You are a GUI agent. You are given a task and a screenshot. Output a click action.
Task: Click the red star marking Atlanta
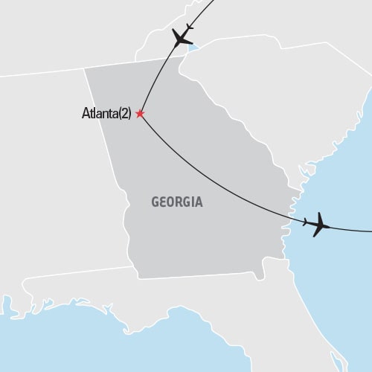[x=139, y=114]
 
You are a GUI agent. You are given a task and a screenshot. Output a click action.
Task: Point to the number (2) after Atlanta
[x=126, y=115]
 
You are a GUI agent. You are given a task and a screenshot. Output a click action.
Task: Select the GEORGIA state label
[x=177, y=202]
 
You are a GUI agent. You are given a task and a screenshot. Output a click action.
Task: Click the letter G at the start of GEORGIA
[x=155, y=202]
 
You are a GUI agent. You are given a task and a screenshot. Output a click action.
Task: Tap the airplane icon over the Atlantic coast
[x=318, y=223]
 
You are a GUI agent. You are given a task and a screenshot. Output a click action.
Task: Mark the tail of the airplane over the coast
[x=306, y=222]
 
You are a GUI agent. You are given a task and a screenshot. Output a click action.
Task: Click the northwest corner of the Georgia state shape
[x=85, y=69]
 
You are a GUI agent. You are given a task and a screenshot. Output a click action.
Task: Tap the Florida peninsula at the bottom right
[x=327, y=327]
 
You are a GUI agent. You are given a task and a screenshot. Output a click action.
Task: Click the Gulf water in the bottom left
[x=60, y=335]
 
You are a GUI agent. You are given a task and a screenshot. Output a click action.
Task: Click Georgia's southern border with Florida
[x=193, y=278]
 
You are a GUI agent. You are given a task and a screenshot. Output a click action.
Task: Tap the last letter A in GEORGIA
[x=199, y=202]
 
